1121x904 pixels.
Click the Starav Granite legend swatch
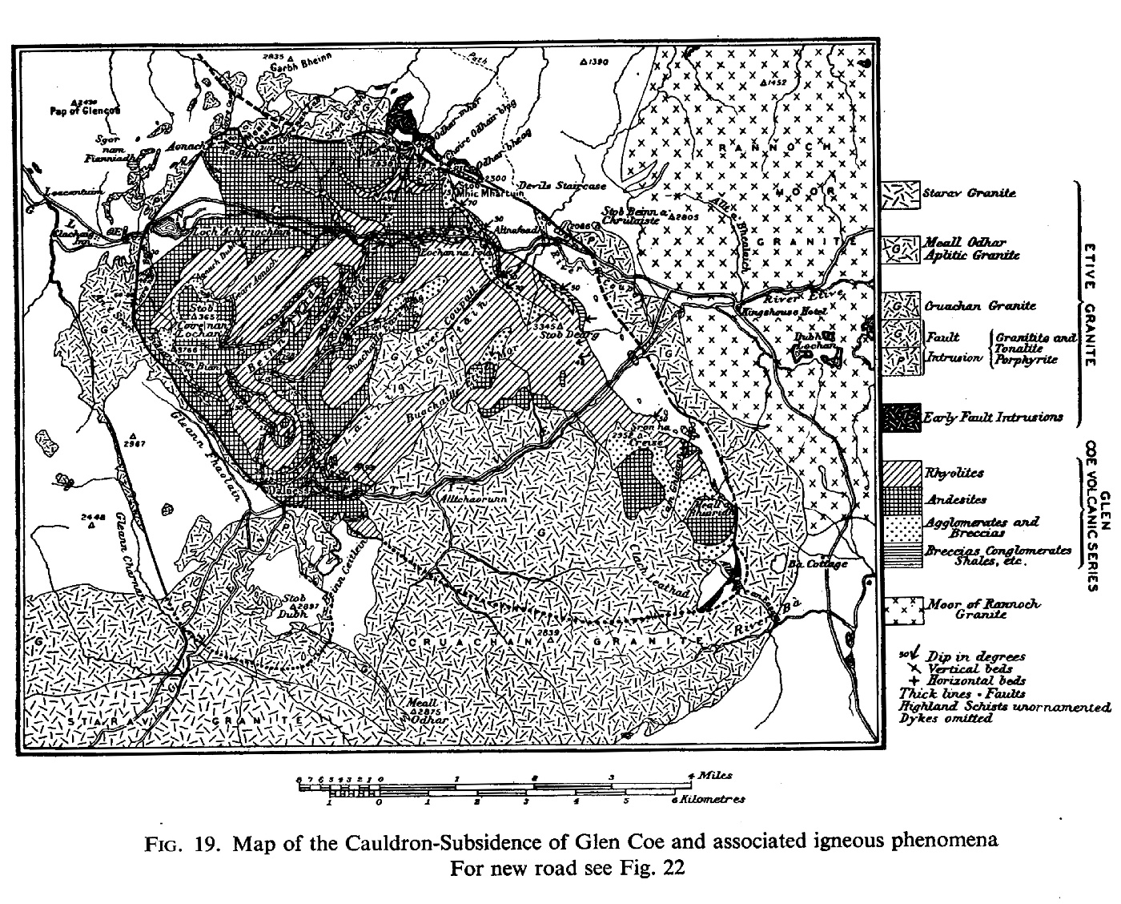[x=900, y=194]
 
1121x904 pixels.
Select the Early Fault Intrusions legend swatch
[x=900, y=418]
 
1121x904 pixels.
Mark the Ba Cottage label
[x=818, y=563]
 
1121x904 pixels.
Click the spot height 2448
[x=94, y=518]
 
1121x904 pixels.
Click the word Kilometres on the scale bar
[x=713, y=799]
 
